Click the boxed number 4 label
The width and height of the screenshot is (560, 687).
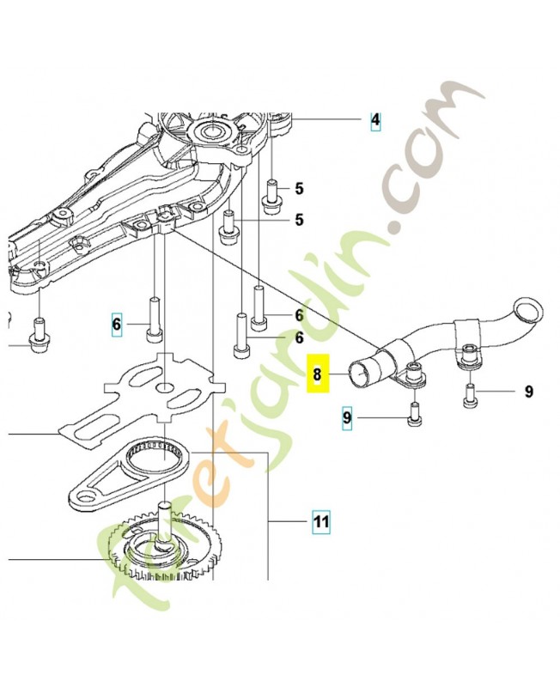point(375,119)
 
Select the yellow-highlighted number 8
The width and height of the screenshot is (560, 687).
point(317,374)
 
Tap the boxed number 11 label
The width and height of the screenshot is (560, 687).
point(321,522)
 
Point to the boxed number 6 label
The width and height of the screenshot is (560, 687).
point(116,325)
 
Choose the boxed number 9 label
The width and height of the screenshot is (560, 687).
point(347,418)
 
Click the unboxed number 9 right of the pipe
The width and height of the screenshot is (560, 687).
point(529,392)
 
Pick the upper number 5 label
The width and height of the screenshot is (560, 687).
point(299,189)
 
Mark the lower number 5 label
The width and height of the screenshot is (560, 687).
point(299,220)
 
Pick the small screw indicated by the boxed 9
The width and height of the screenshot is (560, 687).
point(415,414)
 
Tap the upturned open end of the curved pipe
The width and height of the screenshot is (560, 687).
point(528,310)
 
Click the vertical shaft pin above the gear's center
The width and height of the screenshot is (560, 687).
point(164,523)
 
